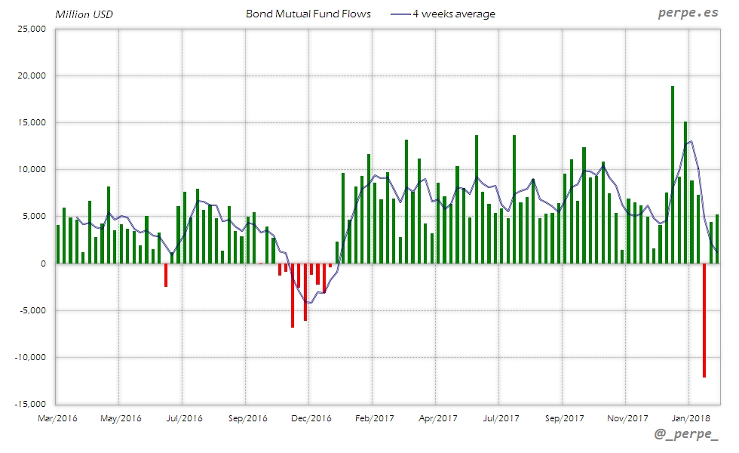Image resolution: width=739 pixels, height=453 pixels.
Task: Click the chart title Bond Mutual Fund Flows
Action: (x=308, y=14)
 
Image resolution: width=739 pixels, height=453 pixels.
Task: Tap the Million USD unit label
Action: (x=84, y=14)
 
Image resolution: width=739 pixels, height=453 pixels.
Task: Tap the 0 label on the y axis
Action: (x=43, y=263)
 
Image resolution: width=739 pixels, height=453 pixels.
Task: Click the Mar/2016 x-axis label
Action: (x=58, y=418)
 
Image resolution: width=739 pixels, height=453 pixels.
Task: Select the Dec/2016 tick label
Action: (x=311, y=418)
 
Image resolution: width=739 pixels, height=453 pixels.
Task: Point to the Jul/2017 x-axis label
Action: (x=500, y=418)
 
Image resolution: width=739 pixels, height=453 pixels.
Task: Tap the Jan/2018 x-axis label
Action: (x=690, y=418)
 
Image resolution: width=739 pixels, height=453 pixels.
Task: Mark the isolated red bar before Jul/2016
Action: (x=166, y=275)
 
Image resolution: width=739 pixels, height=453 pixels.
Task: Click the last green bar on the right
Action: (x=717, y=239)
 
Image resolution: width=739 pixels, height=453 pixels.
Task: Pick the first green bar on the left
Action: (x=58, y=244)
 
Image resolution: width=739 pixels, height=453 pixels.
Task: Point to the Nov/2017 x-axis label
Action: (x=627, y=418)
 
